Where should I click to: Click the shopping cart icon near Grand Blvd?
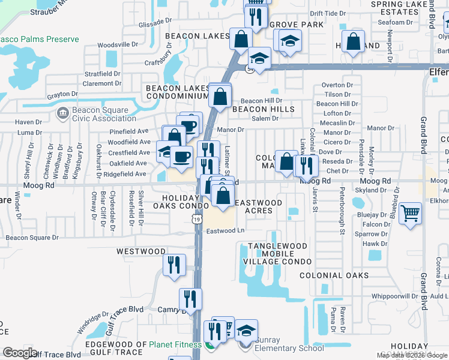(410, 214)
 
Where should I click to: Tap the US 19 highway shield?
(197, 220)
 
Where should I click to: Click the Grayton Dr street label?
(62, 95)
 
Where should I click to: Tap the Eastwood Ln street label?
(226, 230)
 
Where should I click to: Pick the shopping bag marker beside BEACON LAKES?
(241, 40)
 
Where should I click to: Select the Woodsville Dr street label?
(118, 44)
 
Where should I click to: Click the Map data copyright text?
(412, 355)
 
